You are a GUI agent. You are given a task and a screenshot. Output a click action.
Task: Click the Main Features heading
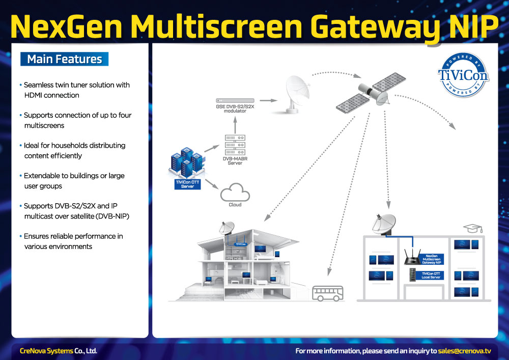click(x=64, y=59)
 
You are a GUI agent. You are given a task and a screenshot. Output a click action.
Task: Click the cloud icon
click(x=235, y=193)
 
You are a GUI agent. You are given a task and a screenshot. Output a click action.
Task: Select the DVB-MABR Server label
click(x=235, y=160)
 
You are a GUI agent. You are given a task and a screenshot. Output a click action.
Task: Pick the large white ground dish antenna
click(x=293, y=94)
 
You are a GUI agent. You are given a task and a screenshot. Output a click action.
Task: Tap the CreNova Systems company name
click(x=46, y=351)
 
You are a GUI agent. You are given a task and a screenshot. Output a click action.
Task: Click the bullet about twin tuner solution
click(x=76, y=90)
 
